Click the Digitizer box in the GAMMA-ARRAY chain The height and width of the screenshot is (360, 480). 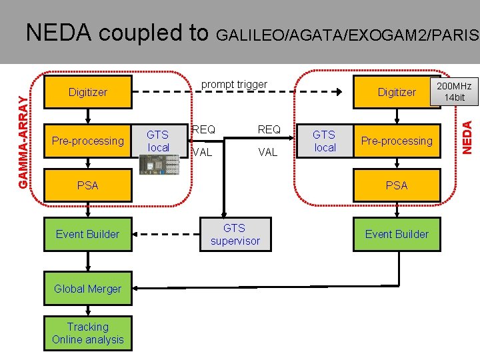coord(87,93)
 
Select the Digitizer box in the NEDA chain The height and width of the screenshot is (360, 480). coord(397,93)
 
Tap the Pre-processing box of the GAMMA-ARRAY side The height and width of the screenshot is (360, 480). coord(87,141)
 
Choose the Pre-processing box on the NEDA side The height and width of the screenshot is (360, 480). coord(397,141)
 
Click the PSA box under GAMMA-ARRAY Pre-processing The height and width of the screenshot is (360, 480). coord(87,185)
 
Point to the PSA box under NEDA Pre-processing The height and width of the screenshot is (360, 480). coord(397,185)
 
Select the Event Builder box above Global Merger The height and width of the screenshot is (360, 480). coord(87,234)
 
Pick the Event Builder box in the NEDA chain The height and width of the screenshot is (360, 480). coord(397,234)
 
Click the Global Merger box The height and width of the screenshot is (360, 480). coord(87,289)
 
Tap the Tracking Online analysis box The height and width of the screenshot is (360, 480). coord(87,333)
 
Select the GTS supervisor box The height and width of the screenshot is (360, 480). coord(235,234)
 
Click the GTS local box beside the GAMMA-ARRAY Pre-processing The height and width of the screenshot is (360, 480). coord(159,141)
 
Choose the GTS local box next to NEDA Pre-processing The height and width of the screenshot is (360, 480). coord(325,141)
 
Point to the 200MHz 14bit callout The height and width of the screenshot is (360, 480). coord(454,92)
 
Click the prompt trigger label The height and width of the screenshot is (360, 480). coord(234,84)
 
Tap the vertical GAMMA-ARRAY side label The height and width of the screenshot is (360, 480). coord(23,141)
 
